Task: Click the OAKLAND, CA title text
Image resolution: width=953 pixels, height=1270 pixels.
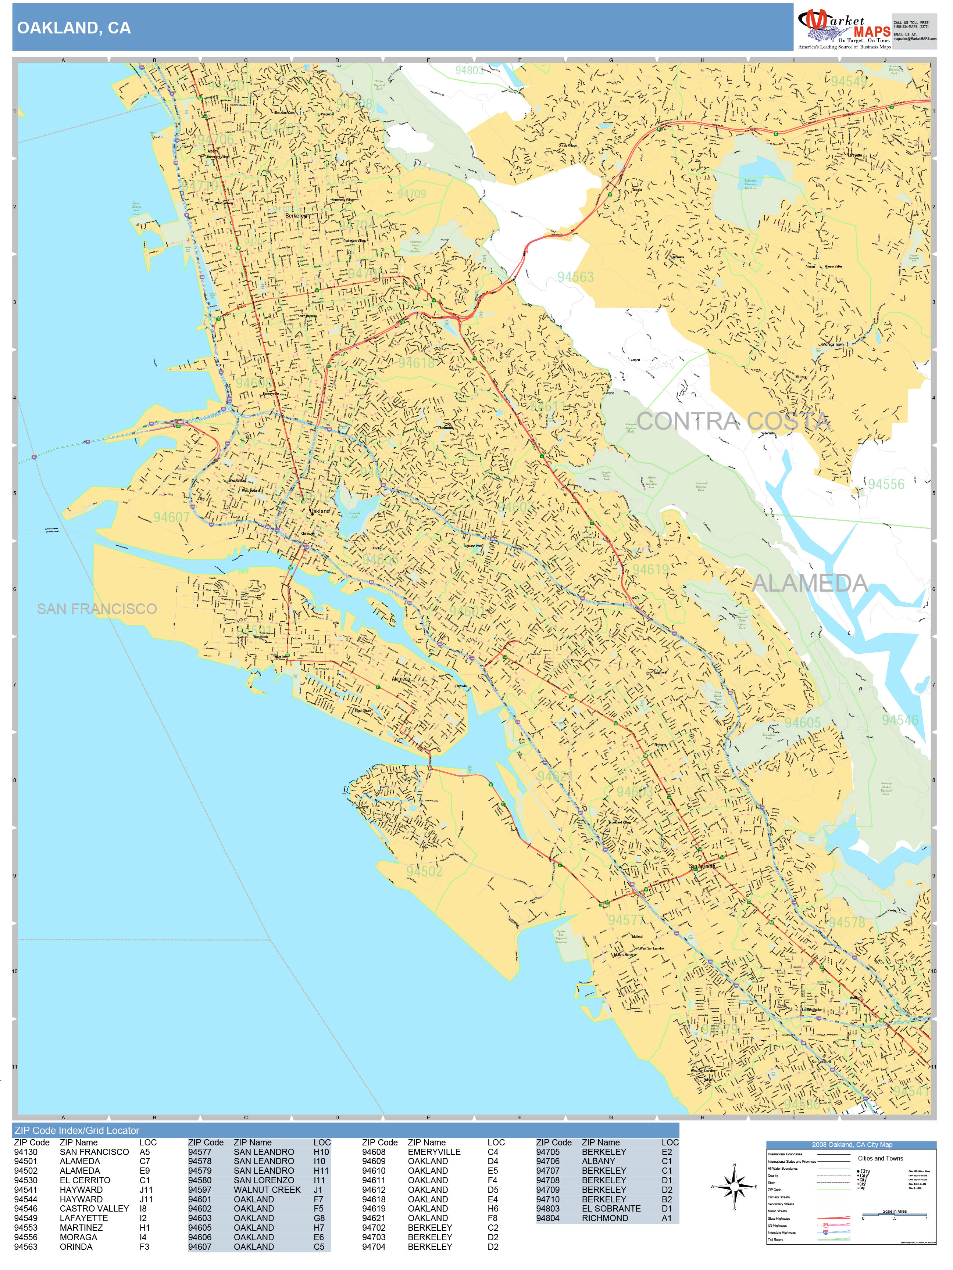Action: (74, 28)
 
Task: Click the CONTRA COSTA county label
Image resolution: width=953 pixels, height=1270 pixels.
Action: (732, 421)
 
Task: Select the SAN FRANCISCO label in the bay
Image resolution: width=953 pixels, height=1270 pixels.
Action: (96, 609)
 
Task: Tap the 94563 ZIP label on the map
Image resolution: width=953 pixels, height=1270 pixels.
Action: (575, 277)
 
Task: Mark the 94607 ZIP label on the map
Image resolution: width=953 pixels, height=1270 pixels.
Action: (171, 517)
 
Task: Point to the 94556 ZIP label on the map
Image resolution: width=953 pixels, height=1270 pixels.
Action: (885, 484)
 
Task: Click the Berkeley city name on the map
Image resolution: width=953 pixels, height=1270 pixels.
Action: (296, 216)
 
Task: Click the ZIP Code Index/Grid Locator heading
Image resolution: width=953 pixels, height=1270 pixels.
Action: (76, 1130)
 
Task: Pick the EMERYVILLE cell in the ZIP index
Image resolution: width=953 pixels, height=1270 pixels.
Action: (434, 1152)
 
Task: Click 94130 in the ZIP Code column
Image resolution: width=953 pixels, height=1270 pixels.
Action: (25, 1152)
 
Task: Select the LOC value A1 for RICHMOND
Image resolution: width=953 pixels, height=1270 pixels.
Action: (666, 1218)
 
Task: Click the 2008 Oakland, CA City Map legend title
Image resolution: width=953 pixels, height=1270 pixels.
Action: (851, 1144)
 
